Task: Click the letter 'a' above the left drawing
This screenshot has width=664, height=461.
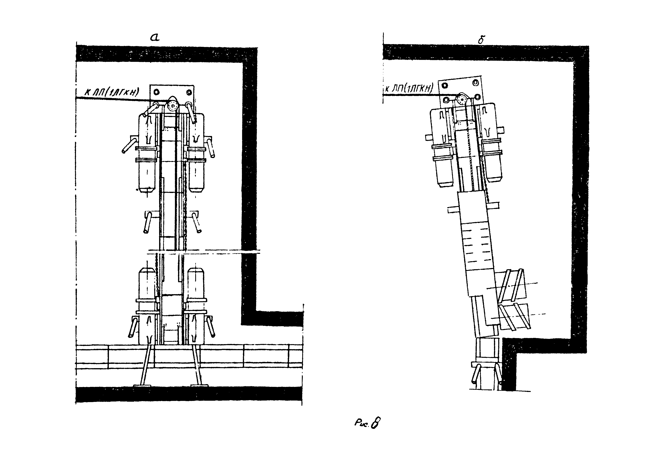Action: click(x=155, y=37)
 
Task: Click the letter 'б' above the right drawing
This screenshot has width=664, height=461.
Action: click(x=481, y=40)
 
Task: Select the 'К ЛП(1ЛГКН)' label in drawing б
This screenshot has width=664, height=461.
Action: click(x=409, y=88)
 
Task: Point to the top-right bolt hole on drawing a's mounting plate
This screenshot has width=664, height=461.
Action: click(x=189, y=92)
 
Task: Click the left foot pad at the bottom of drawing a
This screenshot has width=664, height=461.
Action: click(x=142, y=386)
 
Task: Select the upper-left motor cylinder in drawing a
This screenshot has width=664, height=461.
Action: click(x=147, y=173)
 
